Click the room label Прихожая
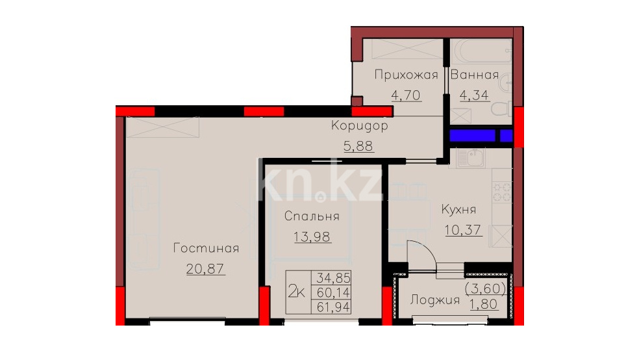(x=406, y=75)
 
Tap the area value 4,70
(x=406, y=96)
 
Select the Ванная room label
(x=475, y=75)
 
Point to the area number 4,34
(x=474, y=96)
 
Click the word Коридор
(x=360, y=125)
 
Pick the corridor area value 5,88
(x=358, y=146)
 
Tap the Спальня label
(x=312, y=216)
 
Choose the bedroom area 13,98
(x=312, y=237)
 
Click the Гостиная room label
(x=207, y=248)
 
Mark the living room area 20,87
(x=205, y=268)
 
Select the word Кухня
(x=459, y=209)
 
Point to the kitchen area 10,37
(x=463, y=230)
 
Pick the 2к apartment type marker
(x=297, y=292)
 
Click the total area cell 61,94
(x=333, y=307)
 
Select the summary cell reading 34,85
(x=333, y=277)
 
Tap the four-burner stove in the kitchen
(x=503, y=192)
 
